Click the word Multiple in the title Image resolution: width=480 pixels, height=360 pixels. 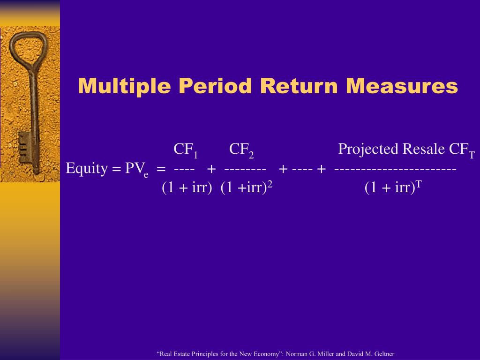point(124,86)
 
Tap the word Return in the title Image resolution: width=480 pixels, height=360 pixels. point(299,86)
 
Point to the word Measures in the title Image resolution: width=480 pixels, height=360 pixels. point(402,86)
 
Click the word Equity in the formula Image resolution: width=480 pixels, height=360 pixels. point(87,169)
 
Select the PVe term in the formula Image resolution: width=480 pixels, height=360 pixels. point(137,170)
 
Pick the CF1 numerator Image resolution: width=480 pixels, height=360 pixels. point(186,150)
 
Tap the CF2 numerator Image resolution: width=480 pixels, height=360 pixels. point(241,150)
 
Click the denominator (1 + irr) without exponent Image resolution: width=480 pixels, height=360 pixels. point(187,187)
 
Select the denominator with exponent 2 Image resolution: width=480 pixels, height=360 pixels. point(247,187)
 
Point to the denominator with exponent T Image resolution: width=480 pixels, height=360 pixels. point(393,187)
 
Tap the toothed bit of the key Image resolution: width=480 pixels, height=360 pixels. point(24,148)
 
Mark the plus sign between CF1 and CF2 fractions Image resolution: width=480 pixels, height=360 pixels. point(211,169)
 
